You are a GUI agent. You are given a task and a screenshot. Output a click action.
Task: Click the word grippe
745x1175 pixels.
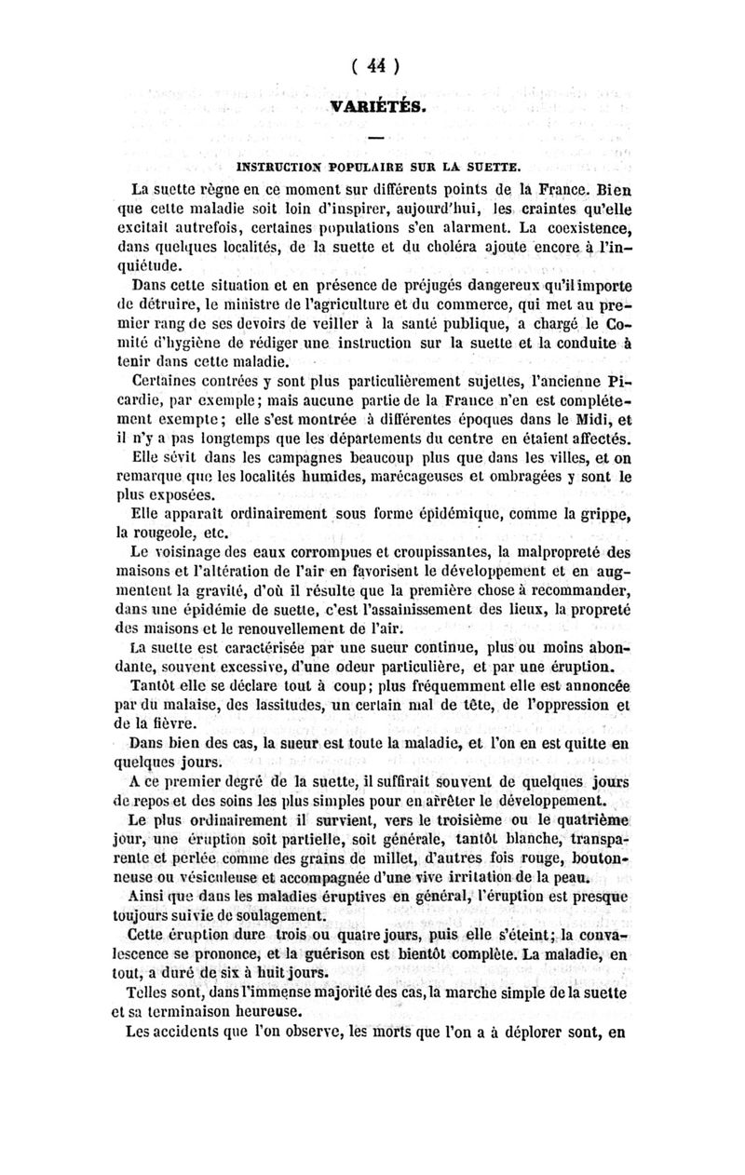tap(596, 515)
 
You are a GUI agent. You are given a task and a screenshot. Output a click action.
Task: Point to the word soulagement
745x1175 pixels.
tap(268, 915)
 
